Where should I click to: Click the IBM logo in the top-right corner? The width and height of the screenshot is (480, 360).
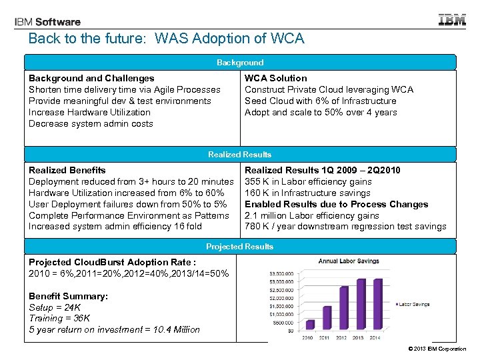(452, 20)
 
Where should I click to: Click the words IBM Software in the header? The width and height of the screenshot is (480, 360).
(47, 22)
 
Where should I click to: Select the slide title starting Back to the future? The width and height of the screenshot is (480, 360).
(166, 39)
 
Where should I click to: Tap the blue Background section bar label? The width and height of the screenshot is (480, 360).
(240, 63)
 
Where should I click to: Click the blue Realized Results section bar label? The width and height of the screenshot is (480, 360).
(240, 155)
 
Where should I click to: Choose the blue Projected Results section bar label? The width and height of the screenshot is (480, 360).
(240, 247)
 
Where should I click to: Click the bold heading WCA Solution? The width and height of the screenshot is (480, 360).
(276, 78)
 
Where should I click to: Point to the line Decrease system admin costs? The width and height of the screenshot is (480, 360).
(91, 123)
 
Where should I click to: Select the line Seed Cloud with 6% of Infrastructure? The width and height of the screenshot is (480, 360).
(320, 101)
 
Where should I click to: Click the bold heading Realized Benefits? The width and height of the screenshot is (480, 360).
(67, 170)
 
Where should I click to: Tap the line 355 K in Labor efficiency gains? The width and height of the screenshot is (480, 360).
(308, 181)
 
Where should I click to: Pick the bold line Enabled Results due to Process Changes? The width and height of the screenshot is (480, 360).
(336, 204)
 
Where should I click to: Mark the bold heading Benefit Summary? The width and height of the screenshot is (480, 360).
(68, 295)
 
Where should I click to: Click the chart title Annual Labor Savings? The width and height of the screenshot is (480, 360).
(348, 261)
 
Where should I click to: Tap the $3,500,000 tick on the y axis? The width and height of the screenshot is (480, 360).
(281, 273)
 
